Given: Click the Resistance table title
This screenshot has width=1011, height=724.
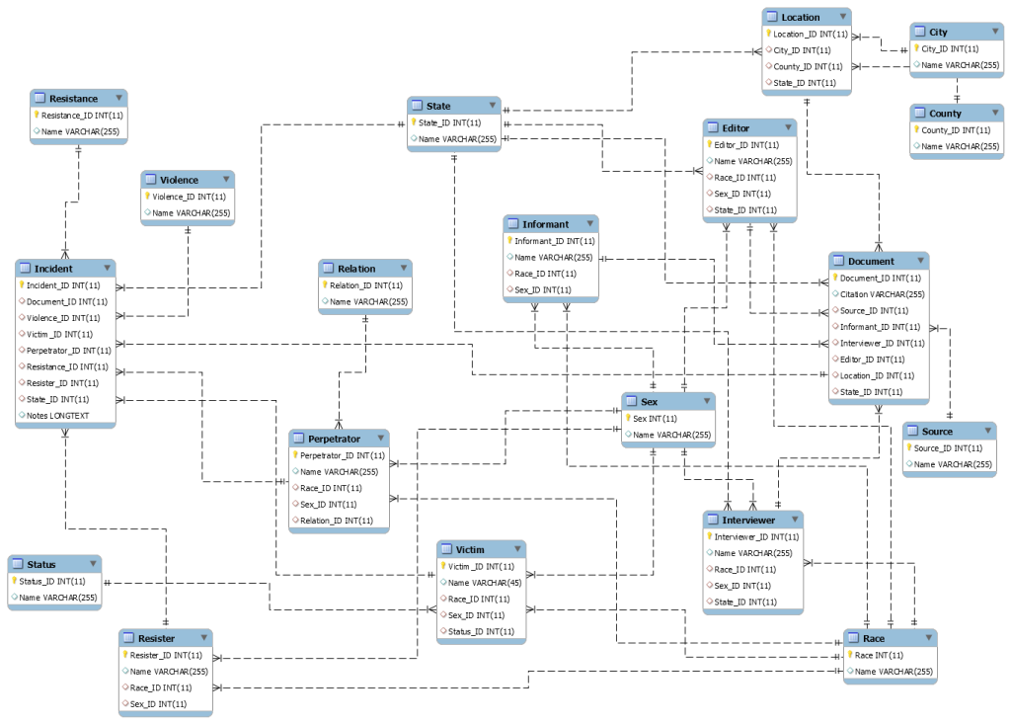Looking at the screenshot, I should (x=73, y=98).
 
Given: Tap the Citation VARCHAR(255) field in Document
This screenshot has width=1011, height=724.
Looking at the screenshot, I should (x=882, y=294).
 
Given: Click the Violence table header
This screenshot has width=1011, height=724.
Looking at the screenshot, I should (x=179, y=180).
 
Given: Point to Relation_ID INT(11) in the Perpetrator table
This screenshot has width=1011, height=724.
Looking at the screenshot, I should (x=336, y=521).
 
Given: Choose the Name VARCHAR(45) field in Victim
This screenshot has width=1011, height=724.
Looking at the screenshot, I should (x=480, y=583).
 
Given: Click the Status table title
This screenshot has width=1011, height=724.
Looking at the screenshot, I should (x=41, y=564).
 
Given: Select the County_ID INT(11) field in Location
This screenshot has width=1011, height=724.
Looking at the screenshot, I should (x=807, y=66).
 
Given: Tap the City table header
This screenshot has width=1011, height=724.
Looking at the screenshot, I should (x=938, y=32).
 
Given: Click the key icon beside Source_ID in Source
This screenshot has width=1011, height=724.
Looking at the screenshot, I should (x=909, y=447).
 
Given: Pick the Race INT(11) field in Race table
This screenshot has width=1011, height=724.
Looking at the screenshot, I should (x=879, y=655).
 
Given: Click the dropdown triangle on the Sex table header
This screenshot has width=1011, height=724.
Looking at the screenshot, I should (x=704, y=402).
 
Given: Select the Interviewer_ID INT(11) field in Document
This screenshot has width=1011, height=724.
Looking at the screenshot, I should (x=882, y=343).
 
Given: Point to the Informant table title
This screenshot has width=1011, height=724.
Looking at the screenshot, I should (x=545, y=223).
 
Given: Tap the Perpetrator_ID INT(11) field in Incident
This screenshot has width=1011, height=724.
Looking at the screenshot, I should (x=68, y=351).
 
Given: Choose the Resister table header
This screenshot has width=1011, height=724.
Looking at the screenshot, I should (x=156, y=638).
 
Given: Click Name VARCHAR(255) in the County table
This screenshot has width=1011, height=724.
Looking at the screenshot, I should (x=960, y=146).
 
